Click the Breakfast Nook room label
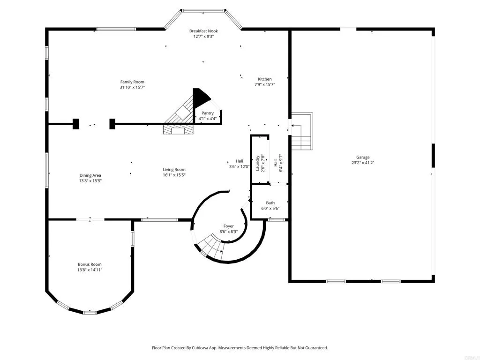click(x=203, y=31)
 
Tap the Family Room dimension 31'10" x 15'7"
click(x=132, y=87)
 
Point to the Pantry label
click(x=207, y=113)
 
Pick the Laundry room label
click(x=257, y=164)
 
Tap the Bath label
click(x=270, y=203)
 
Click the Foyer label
click(x=228, y=226)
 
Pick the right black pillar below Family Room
click(x=112, y=124)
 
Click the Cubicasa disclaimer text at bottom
click(x=240, y=348)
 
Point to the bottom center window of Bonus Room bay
click(x=90, y=312)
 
